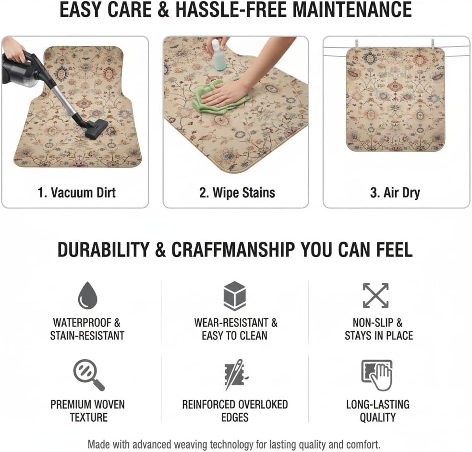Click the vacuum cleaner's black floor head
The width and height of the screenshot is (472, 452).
coord(96,129)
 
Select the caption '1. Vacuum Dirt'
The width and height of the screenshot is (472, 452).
coord(77,193)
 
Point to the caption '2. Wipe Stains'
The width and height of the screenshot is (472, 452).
coord(237,193)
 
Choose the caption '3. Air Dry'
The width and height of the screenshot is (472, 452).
coord(395,193)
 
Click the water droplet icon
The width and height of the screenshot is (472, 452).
coord(87,295)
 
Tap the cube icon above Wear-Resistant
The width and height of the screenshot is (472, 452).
coord(235,296)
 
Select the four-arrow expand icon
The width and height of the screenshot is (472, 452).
coord(375,295)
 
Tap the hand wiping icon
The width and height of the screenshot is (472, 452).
coord(377,375)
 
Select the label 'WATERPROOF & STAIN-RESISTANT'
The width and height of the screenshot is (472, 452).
coord(87,329)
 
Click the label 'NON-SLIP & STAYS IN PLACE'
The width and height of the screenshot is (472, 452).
coord(378,329)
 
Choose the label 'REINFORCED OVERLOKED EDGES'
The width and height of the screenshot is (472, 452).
coord(235,411)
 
